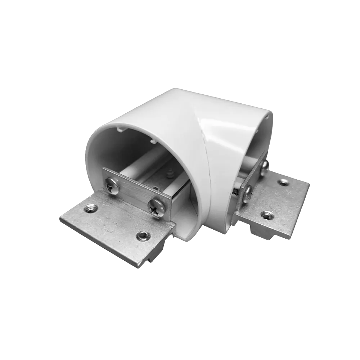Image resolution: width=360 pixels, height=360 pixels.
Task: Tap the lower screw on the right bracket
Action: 249,194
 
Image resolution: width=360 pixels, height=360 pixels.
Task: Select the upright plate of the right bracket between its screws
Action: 256,180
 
